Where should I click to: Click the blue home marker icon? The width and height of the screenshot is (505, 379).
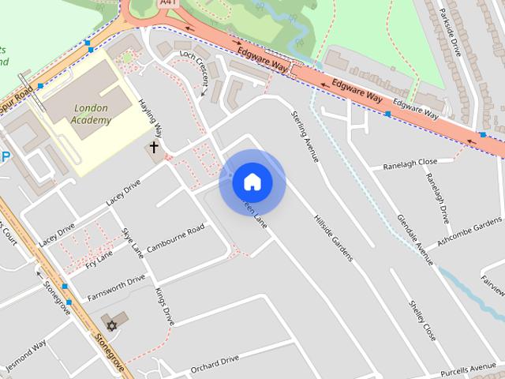tap(252, 182)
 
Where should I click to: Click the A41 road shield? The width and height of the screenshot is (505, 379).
tap(166, 3)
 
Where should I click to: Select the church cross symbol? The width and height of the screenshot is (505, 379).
tap(154, 147)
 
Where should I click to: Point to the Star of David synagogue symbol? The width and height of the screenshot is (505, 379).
tap(111, 325)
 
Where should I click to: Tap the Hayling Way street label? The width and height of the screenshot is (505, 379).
tap(151, 118)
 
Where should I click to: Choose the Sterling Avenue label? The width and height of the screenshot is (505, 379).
tap(305, 137)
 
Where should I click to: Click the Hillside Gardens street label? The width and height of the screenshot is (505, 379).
tap(332, 236)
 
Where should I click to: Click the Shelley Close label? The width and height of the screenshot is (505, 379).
tap(422, 319)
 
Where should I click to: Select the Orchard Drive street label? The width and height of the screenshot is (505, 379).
tap(215, 361)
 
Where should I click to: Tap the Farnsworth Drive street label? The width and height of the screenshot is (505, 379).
tap(116, 287)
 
